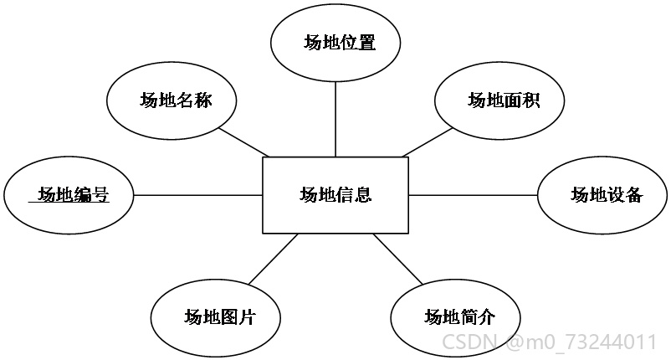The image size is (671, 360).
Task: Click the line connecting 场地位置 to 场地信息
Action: [x=335, y=120]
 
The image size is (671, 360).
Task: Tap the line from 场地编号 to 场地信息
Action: [x=198, y=195]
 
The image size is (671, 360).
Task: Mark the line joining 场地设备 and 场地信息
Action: [x=474, y=195]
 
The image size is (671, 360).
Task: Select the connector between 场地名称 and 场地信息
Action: [x=244, y=142]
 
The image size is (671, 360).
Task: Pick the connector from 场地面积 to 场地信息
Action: [x=428, y=142]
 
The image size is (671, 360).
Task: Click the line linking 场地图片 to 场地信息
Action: [x=273, y=259]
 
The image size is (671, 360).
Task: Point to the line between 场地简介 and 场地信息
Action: [x=398, y=259]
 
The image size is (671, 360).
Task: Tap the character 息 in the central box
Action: [x=362, y=195]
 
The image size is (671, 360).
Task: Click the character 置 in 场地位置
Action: [x=366, y=43]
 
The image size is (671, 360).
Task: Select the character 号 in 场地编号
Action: [x=100, y=195]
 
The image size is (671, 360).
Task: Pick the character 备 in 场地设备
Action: [x=634, y=195]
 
